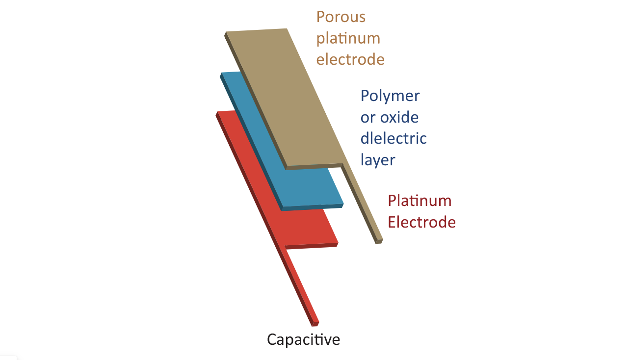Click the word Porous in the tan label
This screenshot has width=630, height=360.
point(341,17)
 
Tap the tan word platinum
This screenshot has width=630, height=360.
point(348,38)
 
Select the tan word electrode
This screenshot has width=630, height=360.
point(350,59)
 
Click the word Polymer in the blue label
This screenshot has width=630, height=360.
point(390,96)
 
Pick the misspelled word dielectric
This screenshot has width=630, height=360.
point(394,138)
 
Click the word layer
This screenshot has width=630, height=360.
point(378,160)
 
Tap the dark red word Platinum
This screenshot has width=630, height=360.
point(420,201)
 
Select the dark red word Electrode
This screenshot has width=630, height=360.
point(421,222)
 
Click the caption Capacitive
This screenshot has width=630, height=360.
point(303,339)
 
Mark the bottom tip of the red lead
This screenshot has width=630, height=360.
point(315,324)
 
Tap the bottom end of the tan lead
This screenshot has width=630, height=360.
point(379,241)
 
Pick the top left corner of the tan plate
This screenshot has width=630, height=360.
point(227,33)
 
